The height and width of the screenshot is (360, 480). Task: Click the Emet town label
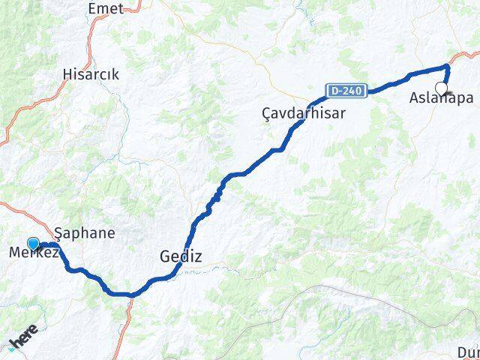pos(105,8)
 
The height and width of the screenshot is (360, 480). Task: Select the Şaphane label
pos(86,232)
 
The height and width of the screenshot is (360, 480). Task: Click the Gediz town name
pos(181,256)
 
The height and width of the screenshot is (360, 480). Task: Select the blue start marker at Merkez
pos(33,243)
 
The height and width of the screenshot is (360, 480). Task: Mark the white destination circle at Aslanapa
pos(441,88)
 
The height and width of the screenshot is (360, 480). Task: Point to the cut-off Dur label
pos(468,352)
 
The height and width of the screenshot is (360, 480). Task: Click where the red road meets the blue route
pos(131,294)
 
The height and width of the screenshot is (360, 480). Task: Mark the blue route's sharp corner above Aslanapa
pos(447,67)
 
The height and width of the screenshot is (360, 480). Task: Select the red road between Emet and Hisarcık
pos(91,37)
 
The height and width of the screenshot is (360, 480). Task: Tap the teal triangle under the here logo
pos(13,346)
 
